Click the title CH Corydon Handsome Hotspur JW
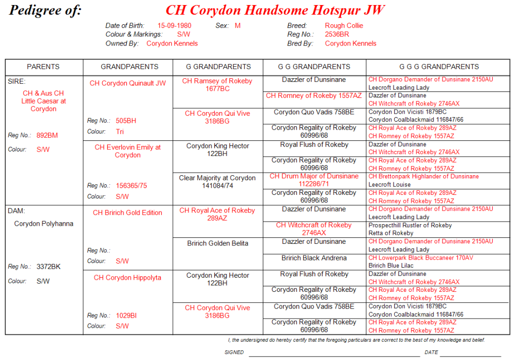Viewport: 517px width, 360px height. (275, 10)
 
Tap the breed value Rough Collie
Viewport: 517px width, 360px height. (344, 26)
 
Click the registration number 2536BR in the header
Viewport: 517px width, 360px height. (337, 34)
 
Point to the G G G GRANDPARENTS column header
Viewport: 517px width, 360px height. (439, 67)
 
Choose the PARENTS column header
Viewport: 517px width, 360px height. (43, 67)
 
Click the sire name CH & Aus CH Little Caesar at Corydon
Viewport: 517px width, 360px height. (43, 101)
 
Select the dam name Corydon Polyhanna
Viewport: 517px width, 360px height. (43, 224)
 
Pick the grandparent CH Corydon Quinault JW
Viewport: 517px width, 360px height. (127, 83)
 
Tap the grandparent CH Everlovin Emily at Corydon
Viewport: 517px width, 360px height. (127, 151)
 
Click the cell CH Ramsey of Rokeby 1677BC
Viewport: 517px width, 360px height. (217, 85)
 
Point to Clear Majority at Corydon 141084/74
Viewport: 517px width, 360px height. (217, 182)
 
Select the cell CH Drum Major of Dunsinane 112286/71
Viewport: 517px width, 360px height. (314, 180)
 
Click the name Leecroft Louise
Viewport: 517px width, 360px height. (390, 185)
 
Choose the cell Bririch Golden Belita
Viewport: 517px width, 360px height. (217, 243)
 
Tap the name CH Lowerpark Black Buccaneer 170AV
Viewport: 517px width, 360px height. (420, 258)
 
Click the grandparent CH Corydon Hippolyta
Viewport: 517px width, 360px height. (127, 278)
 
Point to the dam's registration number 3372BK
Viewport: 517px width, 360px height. (49, 267)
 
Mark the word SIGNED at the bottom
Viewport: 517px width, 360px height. (234, 352)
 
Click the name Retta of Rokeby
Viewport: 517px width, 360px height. (391, 233)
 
